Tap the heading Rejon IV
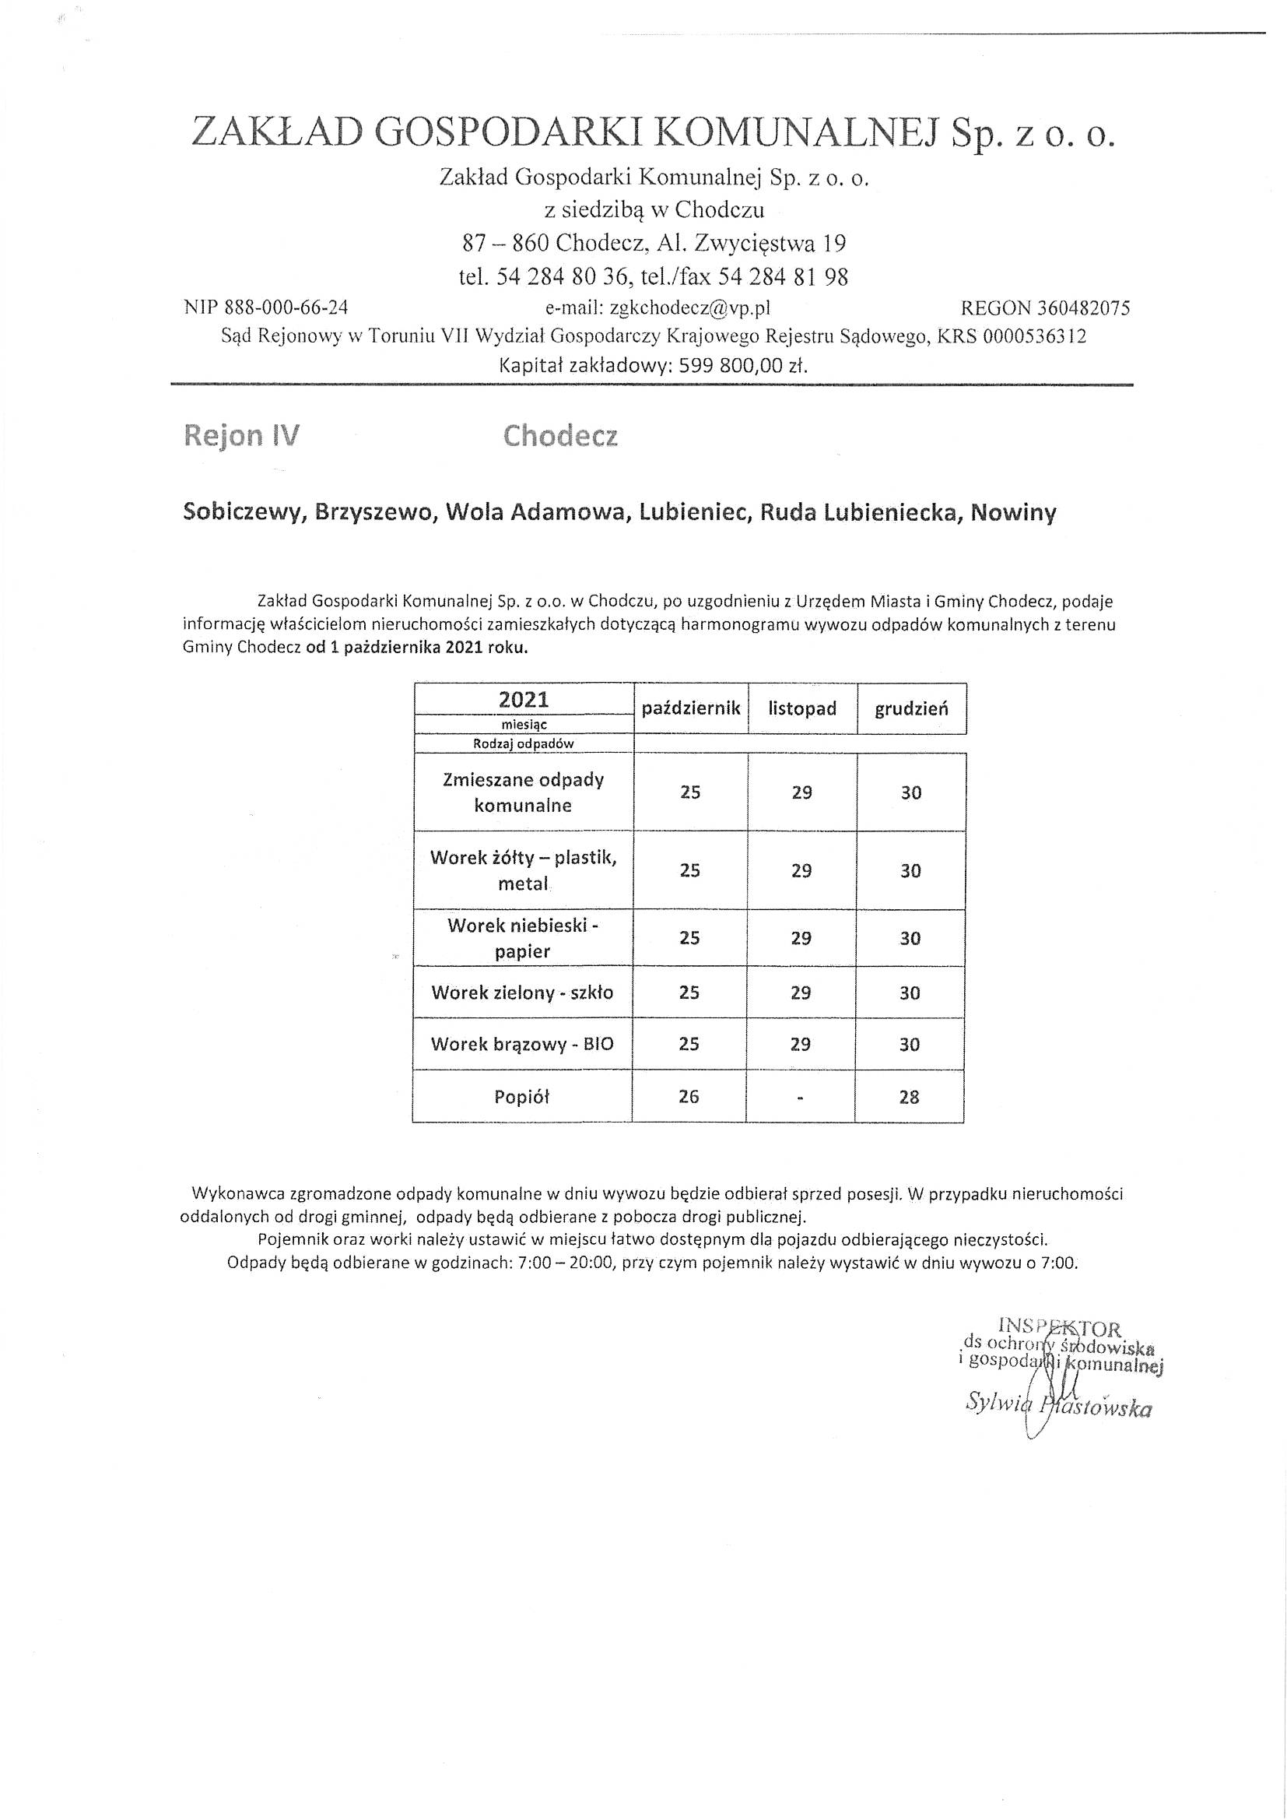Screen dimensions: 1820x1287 click(x=242, y=436)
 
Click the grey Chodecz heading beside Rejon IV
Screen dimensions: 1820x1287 click(x=560, y=436)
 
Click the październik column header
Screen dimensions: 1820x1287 click(x=690, y=708)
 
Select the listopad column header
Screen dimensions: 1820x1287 click(x=802, y=708)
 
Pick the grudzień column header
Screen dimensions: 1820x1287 click(x=911, y=708)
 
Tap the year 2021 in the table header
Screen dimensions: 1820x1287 click(x=523, y=699)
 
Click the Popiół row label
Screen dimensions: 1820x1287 click(x=521, y=1097)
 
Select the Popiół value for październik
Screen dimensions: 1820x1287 click(x=689, y=1096)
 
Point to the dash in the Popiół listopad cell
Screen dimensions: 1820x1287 click(x=801, y=1098)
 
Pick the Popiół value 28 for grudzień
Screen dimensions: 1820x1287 click(x=909, y=1097)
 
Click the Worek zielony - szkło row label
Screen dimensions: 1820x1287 click(x=522, y=993)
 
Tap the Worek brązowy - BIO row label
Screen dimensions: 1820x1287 click(x=522, y=1044)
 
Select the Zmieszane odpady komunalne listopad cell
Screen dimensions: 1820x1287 click(x=801, y=792)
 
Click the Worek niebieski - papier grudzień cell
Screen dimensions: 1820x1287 click(x=910, y=939)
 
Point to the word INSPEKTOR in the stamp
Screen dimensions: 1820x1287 click(x=1060, y=1328)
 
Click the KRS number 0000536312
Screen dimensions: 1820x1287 click(x=1034, y=336)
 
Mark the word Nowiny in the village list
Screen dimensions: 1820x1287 click(x=1013, y=513)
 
